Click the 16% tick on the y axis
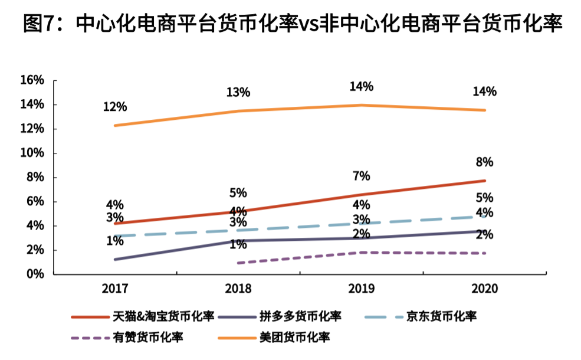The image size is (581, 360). [32, 80]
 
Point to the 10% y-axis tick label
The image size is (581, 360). [32, 153]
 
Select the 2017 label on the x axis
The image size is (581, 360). [114, 289]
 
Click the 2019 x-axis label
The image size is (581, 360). [361, 289]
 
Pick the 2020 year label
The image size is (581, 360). [484, 289]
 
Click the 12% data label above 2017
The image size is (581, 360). [114, 107]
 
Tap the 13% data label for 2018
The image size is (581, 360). [238, 92]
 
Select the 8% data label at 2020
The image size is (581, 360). [485, 162]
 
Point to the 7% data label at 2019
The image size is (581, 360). [361, 176]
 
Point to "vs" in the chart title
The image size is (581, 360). [311, 25]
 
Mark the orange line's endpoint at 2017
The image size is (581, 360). [114, 126]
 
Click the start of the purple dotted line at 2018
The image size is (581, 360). [238, 263]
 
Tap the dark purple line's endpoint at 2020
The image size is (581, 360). [485, 231]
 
